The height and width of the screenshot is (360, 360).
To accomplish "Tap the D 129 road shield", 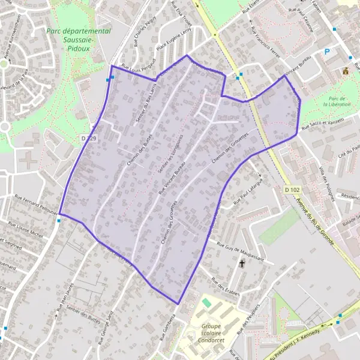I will [88, 139].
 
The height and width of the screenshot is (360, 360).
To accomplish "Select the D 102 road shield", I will [292, 190].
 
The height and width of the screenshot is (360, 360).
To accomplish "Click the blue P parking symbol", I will [327, 52].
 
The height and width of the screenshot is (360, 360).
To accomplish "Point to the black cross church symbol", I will [242, 263].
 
